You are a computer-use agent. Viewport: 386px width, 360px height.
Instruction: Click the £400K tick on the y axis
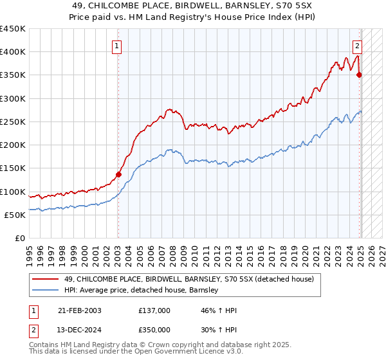click(13, 52)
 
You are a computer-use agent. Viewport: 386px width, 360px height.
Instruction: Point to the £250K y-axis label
click(13, 122)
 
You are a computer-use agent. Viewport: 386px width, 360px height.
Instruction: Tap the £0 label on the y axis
click(19, 238)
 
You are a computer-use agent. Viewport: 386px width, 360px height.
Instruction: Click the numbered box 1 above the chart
click(116, 46)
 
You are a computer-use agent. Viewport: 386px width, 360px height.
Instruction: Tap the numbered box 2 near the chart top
click(357, 46)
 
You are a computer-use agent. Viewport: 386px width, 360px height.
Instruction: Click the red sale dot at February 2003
click(118, 174)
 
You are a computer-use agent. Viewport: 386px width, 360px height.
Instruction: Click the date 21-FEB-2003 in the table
click(79, 310)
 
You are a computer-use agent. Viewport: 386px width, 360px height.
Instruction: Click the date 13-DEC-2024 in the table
click(79, 328)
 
